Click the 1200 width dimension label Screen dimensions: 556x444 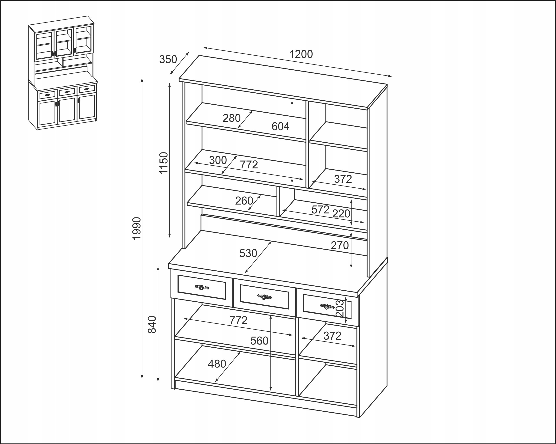301,54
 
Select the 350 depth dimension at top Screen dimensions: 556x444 168,59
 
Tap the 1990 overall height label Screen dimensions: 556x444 137,228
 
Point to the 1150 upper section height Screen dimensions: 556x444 164,163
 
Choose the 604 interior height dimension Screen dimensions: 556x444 281,126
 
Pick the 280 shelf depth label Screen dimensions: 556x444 231,118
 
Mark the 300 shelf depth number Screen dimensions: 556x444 218,160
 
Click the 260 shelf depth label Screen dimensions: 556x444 244,201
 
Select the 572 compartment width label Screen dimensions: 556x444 320,210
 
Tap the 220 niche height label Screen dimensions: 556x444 341,214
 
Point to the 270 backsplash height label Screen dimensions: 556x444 340,246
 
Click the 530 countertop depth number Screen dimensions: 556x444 248,254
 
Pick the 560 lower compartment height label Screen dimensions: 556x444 259,341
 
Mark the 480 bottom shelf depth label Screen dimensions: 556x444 217,364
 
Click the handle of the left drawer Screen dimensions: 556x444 202,287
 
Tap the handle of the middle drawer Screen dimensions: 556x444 265,297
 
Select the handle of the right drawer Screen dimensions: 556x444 327,307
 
